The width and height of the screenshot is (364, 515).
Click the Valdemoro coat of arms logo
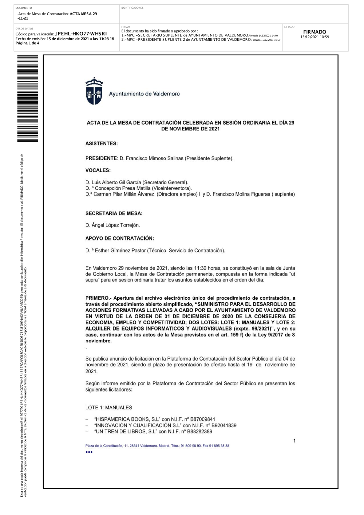94,91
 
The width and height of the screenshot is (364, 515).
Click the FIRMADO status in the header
314,32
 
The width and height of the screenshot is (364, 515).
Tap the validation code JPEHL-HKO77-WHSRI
81,34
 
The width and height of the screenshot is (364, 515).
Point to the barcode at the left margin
28,98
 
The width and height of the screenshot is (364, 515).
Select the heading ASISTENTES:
102,144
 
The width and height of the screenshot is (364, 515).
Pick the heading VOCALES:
98,170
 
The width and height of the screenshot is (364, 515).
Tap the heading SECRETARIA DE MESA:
114,213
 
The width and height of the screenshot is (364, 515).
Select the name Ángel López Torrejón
116,225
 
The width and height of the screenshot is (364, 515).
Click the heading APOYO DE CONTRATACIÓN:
120,239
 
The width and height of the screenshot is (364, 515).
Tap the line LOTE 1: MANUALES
109,408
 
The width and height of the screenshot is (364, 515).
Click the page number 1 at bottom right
294,441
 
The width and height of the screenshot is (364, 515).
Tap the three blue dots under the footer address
89,452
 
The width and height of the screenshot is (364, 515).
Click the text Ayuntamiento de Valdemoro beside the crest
145,94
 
